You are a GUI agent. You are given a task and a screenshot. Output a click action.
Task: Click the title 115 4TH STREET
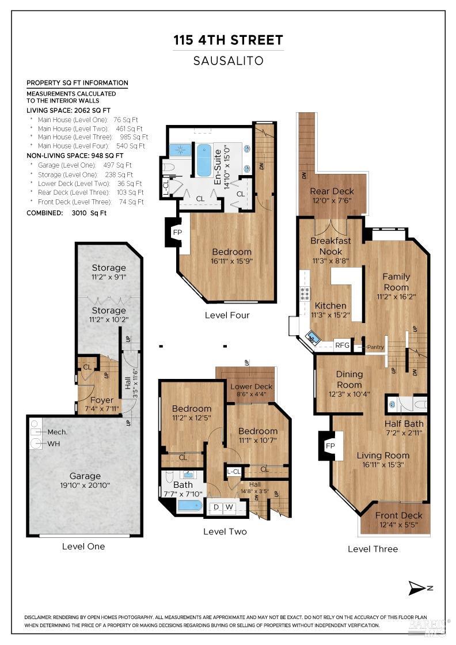[228, 40]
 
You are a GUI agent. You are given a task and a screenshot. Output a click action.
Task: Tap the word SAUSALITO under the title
[228, 61]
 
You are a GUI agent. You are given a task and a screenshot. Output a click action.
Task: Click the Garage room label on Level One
[85, 476]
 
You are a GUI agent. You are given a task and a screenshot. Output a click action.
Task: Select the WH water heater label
[54, 444]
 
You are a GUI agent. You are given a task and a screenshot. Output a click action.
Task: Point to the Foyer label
[101, 400]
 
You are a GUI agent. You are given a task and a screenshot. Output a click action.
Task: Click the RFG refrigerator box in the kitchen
[342, 345]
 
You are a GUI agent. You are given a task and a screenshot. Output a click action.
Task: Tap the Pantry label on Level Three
[375, 347]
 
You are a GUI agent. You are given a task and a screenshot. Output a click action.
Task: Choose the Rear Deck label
[332, 191]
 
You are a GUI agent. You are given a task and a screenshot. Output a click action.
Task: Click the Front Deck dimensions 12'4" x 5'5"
[398, 525]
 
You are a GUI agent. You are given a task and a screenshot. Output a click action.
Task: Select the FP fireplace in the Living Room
[330, 446]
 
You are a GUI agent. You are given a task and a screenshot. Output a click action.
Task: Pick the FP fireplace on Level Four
[177, 233]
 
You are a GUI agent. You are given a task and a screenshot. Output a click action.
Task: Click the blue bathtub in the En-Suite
[204, 160]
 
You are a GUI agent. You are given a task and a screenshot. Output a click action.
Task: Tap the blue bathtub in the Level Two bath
[189, 506]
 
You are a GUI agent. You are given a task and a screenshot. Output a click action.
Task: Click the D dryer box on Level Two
[216, 507]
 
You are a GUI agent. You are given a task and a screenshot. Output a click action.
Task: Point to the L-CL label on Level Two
[234, 472]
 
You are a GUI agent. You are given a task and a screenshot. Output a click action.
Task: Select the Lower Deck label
[251, 386]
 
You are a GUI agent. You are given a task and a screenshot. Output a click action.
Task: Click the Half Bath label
[404, 424]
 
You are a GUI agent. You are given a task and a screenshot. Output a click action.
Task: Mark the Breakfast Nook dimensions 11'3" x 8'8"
[330, 261]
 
